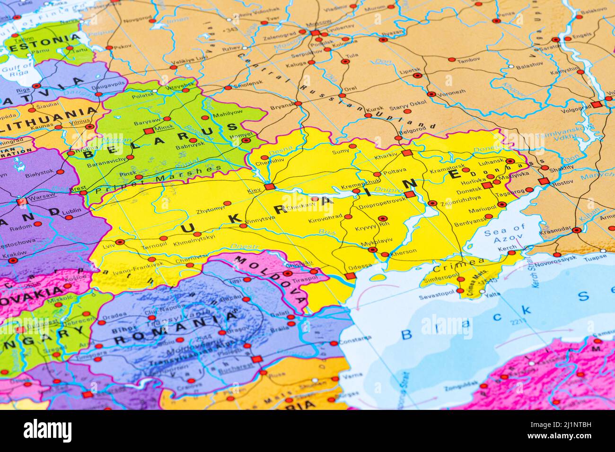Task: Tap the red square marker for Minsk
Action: pyautogui.click(x=148, y=130)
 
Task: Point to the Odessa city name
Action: pyautogui.click(x=360, y=266)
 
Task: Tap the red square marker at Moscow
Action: pyautogui.click(x=315, y=33)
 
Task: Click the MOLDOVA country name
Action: pyautogui.click(x=271, y=279)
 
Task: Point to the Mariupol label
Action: pyautogui.click(x=482, y=209)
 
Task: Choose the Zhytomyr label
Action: pyautogui.click(x=211, y=208)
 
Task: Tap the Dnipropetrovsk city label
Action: pyautogui.click(x=376, y=200)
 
